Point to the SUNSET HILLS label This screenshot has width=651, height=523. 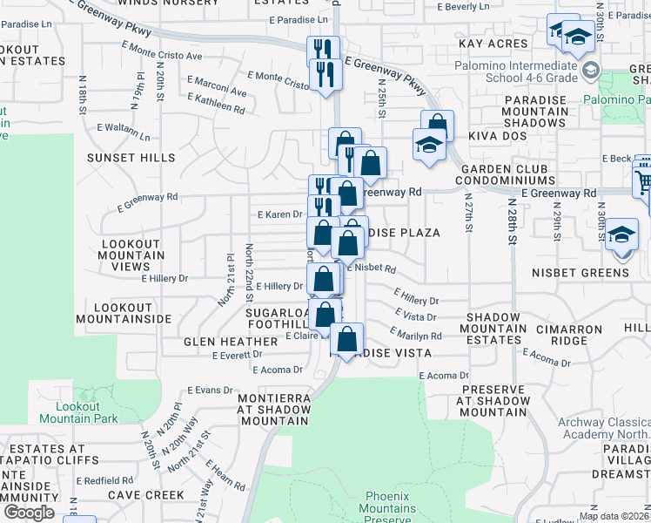tap(131, 158)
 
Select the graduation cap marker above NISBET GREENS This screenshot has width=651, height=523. tap(621, 234)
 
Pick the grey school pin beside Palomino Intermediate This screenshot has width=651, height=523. tap(591, 70)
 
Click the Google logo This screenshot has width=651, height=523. tap(30, 513)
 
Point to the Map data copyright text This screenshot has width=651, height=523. tap(614, 516)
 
